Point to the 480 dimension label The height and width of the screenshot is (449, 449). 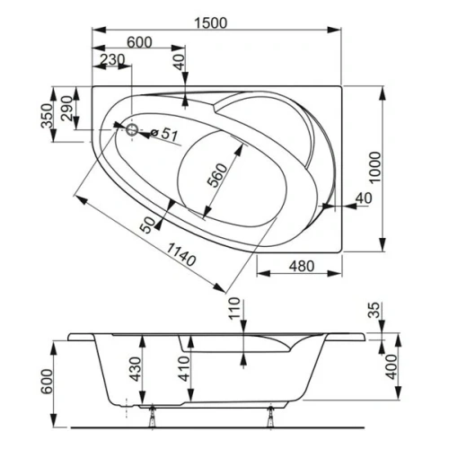coord(303,266)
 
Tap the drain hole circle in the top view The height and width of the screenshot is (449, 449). coord(133,130)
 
